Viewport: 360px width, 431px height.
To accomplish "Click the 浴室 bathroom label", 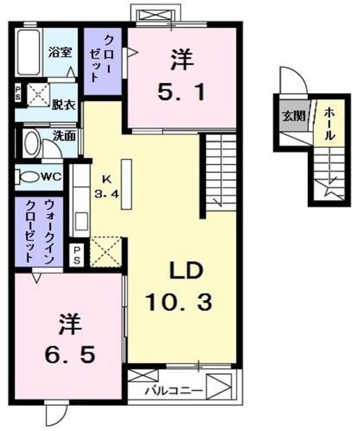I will pos(60,52).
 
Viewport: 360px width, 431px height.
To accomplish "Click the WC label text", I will pos(51,177).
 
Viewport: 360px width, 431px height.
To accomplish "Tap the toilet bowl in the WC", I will pos(28,178).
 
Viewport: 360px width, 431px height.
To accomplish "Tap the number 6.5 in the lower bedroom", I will pos(68,353).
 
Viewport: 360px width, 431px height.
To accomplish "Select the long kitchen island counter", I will pos(127,184).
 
